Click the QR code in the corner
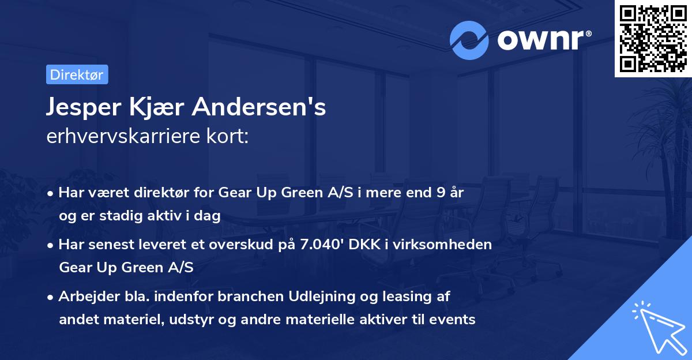coord(653,38)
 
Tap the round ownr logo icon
coord(469,40)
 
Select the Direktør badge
coord(77,74)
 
